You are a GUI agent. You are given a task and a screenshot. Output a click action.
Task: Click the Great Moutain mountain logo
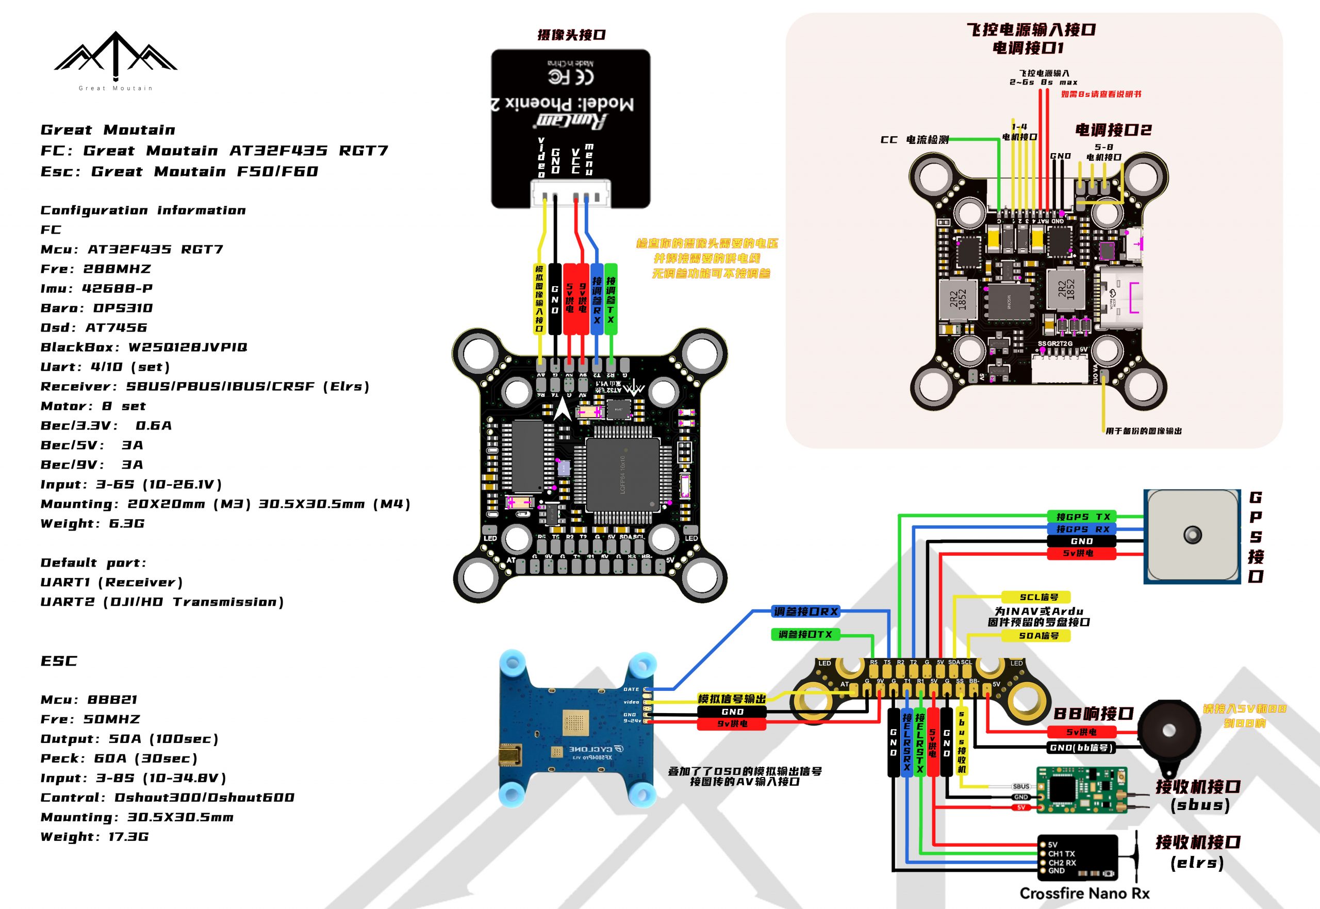(115, 54)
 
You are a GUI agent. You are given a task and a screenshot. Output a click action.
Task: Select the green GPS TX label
(1082, 517)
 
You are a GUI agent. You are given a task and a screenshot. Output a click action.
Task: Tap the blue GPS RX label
(1082, 529)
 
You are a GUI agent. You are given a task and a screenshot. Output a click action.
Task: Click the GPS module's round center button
(1193, 535)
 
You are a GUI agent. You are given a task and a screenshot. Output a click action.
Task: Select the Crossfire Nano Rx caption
(1084, 893)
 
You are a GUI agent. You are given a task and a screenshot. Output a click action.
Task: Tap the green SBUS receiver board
(1080, 789)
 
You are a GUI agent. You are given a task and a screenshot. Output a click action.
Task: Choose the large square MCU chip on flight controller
(622, 474)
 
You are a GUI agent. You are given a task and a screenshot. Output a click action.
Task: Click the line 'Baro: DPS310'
(97, 308)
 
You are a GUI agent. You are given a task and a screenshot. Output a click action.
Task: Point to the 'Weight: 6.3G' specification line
(93, 523)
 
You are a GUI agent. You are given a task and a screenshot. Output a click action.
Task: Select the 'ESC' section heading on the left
(59, 660)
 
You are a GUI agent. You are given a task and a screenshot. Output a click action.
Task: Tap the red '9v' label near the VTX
(732, 724)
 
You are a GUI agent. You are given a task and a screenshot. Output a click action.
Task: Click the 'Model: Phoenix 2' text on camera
(564, 104)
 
